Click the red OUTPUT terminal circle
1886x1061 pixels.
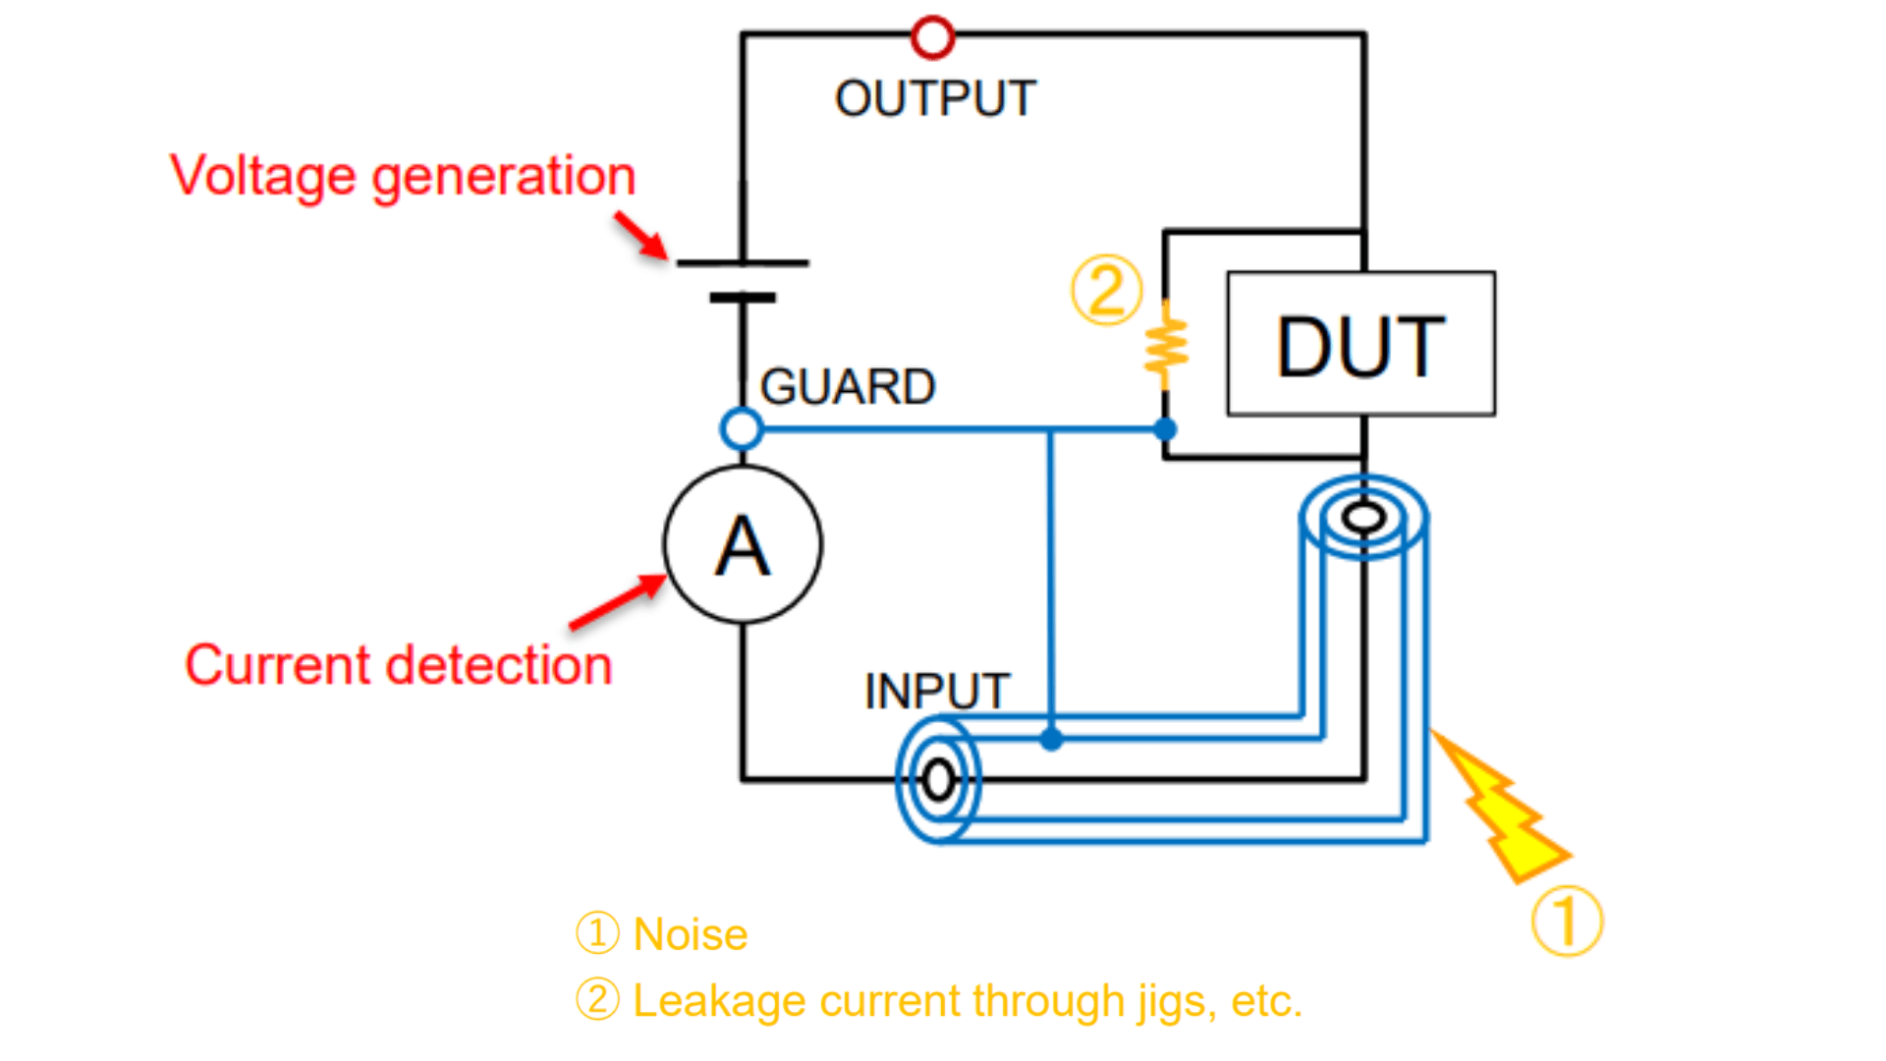point(932,37)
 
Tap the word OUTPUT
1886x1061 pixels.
point(935,99)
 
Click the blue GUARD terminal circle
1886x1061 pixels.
point(741,429)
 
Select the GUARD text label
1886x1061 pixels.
point(848,387)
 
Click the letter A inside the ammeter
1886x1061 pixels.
point(743,546)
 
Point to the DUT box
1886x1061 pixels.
point(1360,344)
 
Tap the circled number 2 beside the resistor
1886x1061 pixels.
point(1107,291)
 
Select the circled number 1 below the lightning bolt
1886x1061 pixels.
point(1567,921)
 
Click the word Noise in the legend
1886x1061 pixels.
point(691,934)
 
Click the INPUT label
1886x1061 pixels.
point(936,692)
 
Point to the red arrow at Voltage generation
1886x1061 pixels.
point(641,237)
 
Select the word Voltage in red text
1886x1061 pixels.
point(262,177)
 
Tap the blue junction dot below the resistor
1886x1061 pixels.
point(1165,429)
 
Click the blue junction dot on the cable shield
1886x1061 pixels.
point(1051,739)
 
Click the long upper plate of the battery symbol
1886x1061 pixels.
point(743,263)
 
